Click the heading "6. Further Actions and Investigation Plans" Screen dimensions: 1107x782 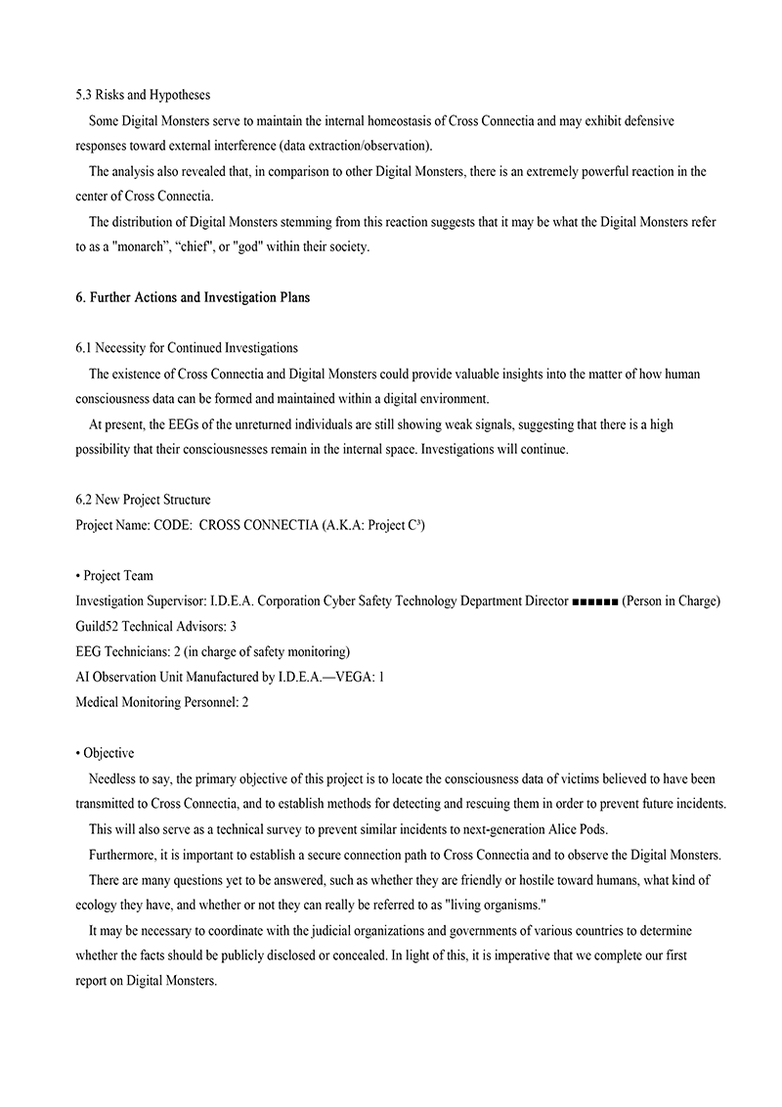(x=193, y=297)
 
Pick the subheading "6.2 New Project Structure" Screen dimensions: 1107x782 (x=143, y=500)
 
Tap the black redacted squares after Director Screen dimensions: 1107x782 (x=593, y=601)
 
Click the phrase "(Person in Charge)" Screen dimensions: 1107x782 (x=671, y=601)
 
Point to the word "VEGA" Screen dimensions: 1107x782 (x=349, y=677)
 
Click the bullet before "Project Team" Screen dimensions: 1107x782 (x=78, y=576)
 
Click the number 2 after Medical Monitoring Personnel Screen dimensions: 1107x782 (x=244, y=702)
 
